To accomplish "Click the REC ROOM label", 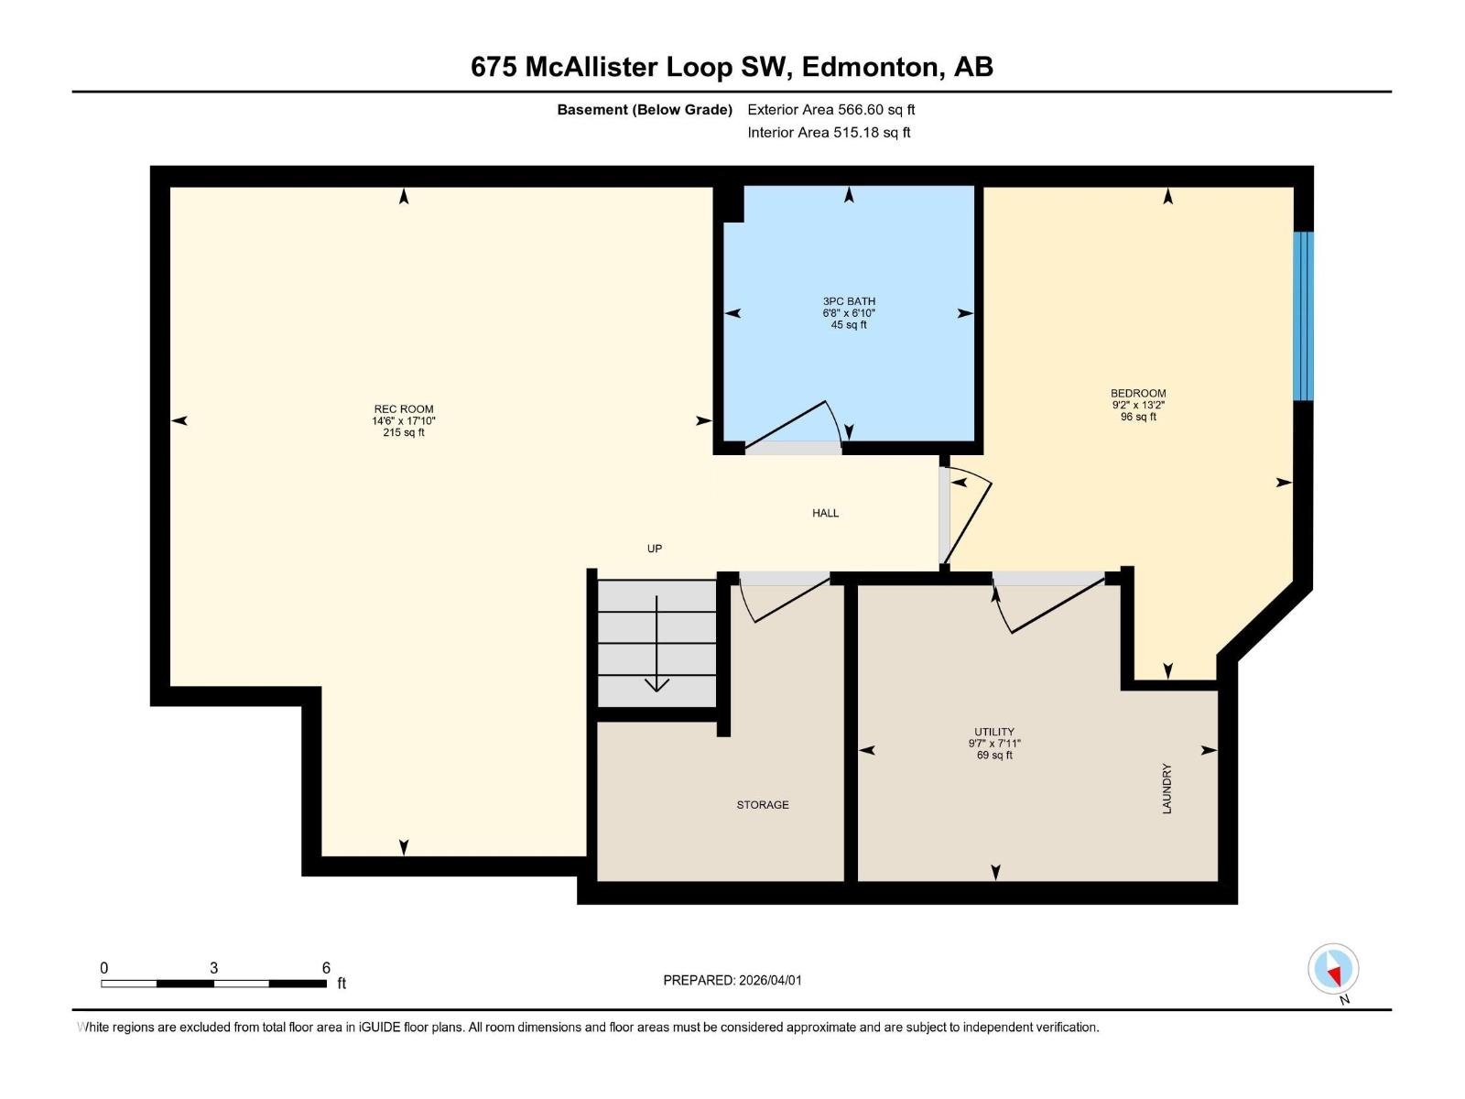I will [x=404, y=409].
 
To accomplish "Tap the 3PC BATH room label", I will [x=849, y=301].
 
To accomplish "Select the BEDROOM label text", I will [x=1138, y=394].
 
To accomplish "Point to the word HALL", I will [x=825, y=513].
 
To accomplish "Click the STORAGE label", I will [x=763, y=805].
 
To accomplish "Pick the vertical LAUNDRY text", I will [x=1167, y=789].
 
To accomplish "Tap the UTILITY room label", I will [x=994, y=732].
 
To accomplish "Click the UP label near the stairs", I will [x=655, y=549].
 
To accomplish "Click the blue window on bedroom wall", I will [x=1303, y=316].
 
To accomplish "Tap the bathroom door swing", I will [x=797, y=427].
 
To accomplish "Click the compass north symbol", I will [x=1333, y=969].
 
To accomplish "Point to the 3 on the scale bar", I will [x=213, y=968].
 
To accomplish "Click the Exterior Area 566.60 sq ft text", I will [x=830, y=110].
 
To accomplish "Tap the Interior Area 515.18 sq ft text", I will [x=829, y=133].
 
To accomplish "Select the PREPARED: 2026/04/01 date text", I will [x=732, y=980].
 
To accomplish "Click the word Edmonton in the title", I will [x=871, y=67].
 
